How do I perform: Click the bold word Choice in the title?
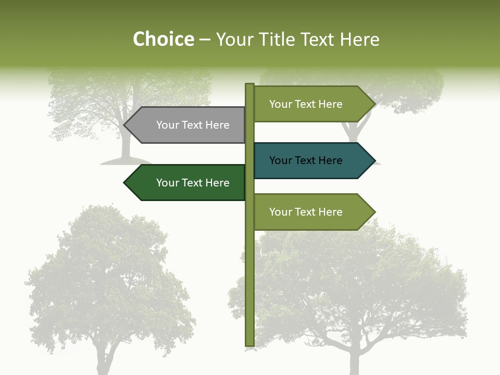[163, 40]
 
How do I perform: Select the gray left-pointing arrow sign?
[187, 125]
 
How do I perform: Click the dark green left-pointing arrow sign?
[187, 183]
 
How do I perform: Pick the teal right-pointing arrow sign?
[310, 160]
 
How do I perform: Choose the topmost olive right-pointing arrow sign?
[310, 104]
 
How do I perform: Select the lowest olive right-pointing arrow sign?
[310, 212]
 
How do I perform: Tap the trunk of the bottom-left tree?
[107, 362]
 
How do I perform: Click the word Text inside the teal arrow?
[306, 160]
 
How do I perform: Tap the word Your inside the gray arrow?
[168, 125]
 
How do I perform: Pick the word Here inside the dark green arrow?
[217, 183]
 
